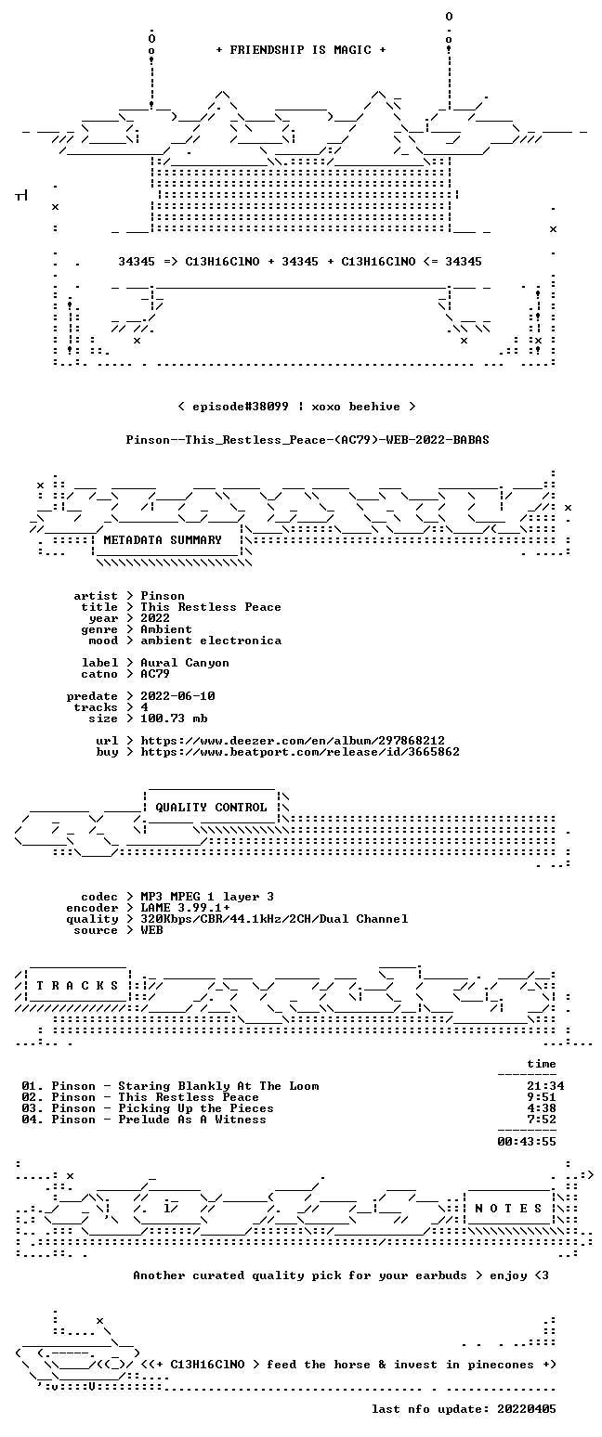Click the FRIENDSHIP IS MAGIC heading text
tap(300, 50)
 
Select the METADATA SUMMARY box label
tap(163, 540)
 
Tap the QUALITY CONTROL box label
tap(211, 808)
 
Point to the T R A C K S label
tap(78, 985)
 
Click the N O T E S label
tap(508, 1209)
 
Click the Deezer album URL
tap(293, 741)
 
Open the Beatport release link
tap(300, 752)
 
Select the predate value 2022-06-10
tap(177, 696)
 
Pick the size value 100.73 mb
tap(174, 718)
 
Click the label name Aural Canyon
tap(185, 663)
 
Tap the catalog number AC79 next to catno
tap(155, 674)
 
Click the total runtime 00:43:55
tap(527, 1142)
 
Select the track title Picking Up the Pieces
tap(196, 1108)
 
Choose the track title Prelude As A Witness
tap(192, 1120)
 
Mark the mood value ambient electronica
tap(211, 641)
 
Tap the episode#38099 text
tap(241, 407)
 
